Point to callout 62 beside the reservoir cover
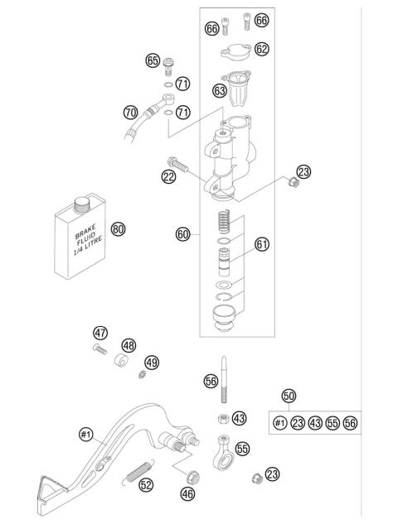pos(262,50)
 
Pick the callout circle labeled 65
pos(152,60)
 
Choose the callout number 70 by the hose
pos(130,111)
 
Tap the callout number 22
pos(169,175)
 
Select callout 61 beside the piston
pos(262,244)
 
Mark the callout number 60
pos(184,234)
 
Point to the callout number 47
pos(100,333)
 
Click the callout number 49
pos(152,362)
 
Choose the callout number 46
pos(189,495)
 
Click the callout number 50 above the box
pos(289,395)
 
